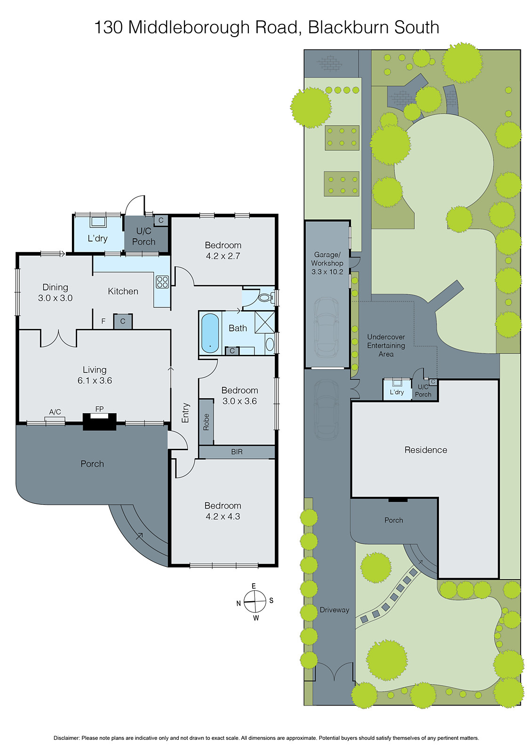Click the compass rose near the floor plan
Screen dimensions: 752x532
tap(255, 602)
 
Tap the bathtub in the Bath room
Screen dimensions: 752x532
tap(210, 333)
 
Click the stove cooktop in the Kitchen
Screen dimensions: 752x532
tap(162, 282)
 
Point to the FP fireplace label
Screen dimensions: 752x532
tap(99, 409)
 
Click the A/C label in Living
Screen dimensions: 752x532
tap(55, 412)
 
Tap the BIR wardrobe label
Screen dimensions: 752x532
tap(237, 452)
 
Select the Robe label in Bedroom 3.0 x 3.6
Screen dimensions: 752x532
tap(206, 422)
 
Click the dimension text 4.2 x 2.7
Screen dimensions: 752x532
tap(223, 256)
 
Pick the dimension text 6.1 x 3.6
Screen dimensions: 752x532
tap(95, 381)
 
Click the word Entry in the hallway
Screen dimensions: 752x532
tap(185, 413)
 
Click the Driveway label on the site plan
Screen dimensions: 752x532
tap(334, 610)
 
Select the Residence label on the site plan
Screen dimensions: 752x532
tap(426, 450)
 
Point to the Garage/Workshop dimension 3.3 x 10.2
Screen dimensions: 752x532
tap(327, 272)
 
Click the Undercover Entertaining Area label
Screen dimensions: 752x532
tap(386, 345)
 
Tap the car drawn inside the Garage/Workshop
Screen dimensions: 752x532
tap(326, 327)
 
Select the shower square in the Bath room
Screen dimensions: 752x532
tap(264, 321)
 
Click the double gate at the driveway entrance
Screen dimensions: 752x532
tap(334, 672)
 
